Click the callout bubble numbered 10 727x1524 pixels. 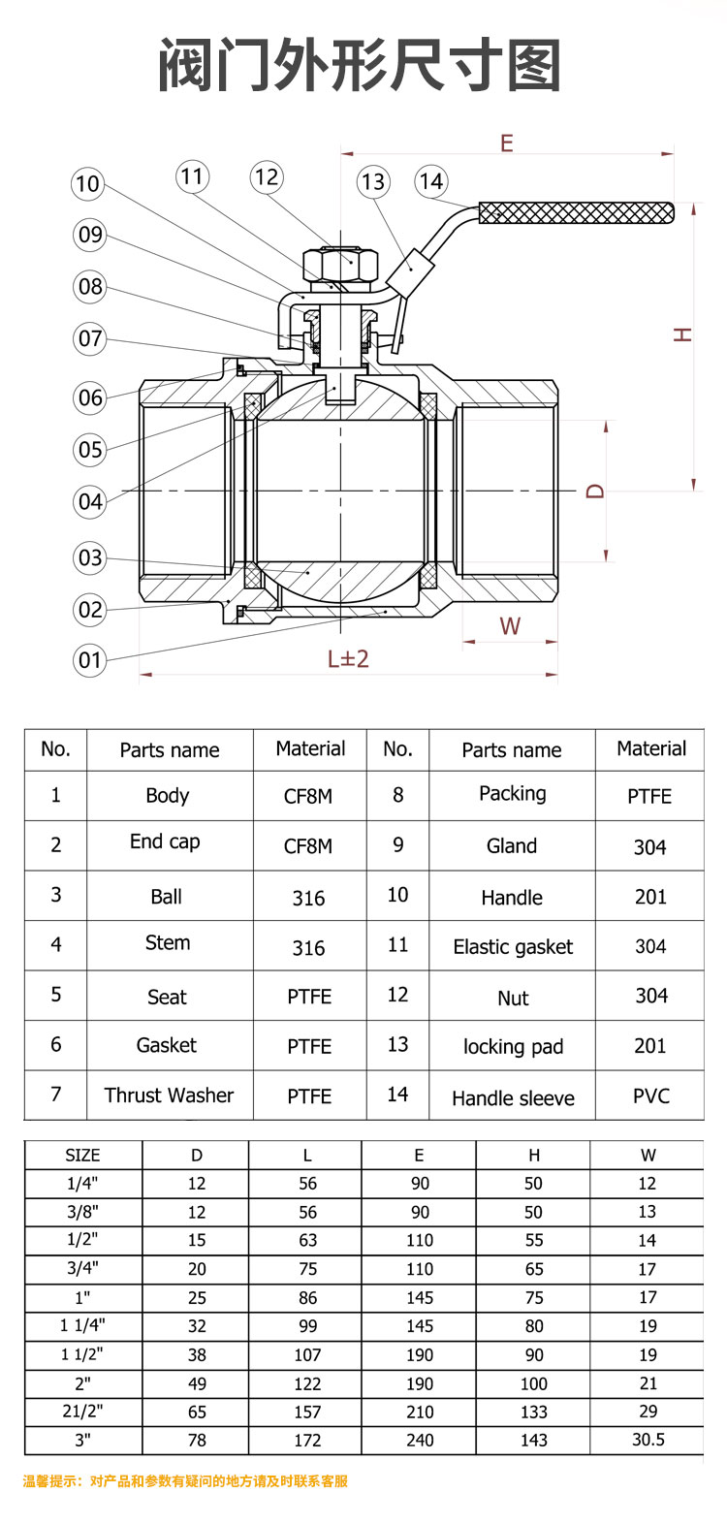(x=87, y=183)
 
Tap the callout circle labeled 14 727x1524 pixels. (x=431, y=181)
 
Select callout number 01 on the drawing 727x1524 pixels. (x=90, y=660)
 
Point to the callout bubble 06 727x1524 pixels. (x=90, y=397)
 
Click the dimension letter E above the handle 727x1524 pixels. (x=506, y=143)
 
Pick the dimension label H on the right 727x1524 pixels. (x=683, y=334)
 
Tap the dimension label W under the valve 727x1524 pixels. (x=510, y=626)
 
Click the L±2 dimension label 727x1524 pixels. (x=348, y=659)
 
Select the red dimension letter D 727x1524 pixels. (x=595, y=492)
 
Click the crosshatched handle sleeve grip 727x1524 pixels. (x=576, y=212)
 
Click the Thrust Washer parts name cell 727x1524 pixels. (x=170, y=1095)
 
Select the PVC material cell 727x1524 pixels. (x=650, y=1095)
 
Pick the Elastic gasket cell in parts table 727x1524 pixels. (x=513, y=947)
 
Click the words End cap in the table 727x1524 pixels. (x=165, y=841)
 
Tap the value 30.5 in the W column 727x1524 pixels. (x=648, y=1440)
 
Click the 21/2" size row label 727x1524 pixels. (x=83, y=1412)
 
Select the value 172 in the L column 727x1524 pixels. (x=307, y=1441)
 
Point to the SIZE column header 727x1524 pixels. (x=82, y=1155)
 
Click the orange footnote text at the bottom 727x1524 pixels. (x=185, y=1481)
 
